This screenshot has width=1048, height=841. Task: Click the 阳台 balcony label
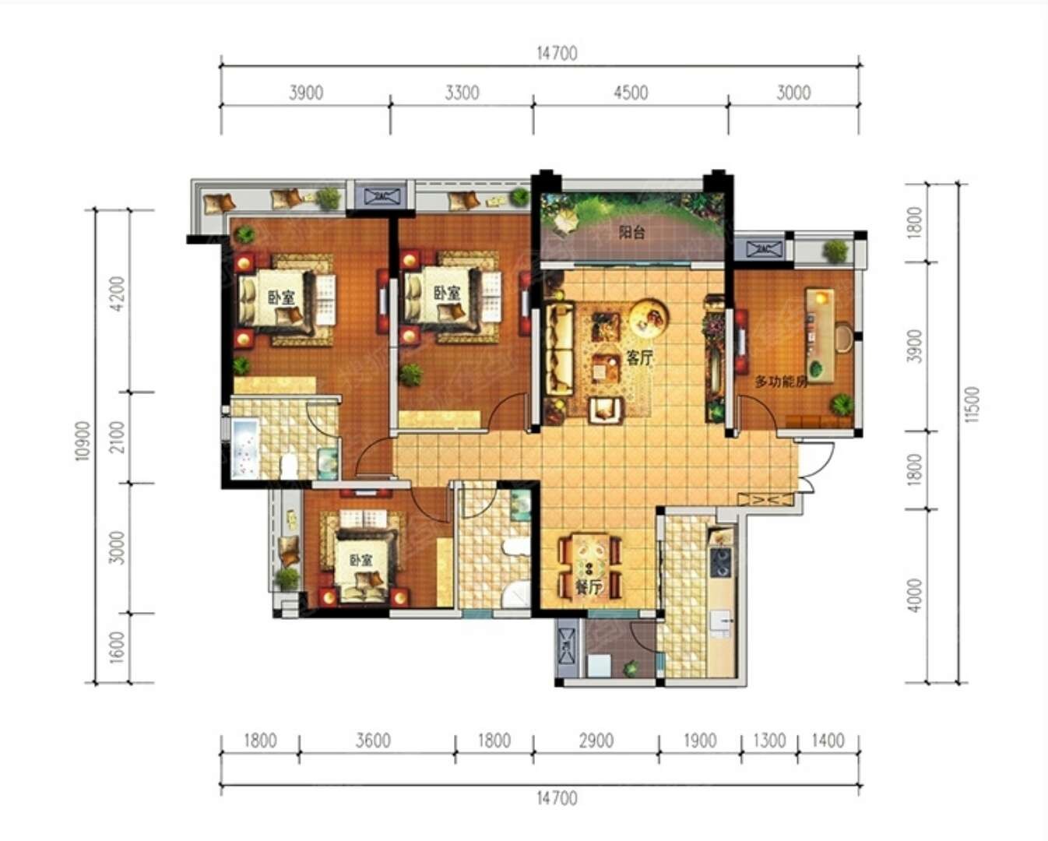631,232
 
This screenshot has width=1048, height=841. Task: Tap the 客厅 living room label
639,358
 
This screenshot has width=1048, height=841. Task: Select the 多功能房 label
781,382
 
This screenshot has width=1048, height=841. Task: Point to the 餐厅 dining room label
589,588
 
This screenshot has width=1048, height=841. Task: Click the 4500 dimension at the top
631,93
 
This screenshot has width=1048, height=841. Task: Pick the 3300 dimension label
462,93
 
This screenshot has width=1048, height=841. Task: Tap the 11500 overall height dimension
971,405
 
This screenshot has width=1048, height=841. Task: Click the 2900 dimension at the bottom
596,741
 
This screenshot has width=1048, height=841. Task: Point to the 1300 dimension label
769,741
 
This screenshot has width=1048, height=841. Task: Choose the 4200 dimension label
118,294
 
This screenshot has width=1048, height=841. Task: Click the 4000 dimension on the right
915,595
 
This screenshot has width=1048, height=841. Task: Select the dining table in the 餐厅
589,565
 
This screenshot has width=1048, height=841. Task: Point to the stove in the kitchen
721,562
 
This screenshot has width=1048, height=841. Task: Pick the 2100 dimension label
118,438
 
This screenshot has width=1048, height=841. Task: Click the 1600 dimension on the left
118,647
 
